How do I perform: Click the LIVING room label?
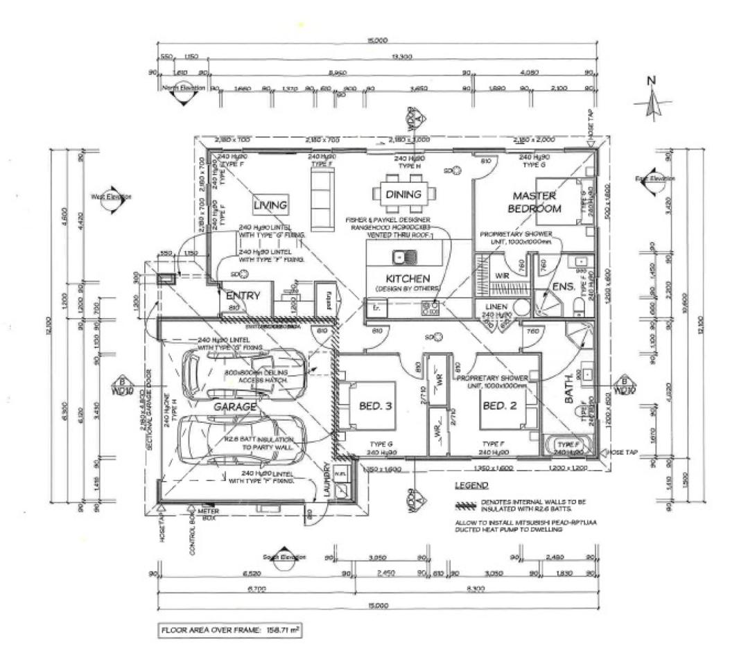(270, 205)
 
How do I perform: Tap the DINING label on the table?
(403, 194)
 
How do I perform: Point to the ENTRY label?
(243, 296)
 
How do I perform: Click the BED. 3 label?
(376, 405)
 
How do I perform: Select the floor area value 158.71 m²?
(277, 631)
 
